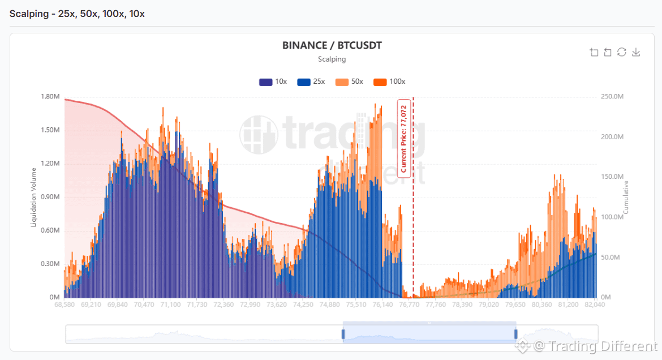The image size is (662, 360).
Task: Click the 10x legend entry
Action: (273, 82)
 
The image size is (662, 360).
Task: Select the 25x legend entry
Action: (311, 82)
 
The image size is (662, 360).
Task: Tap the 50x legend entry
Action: (349, 82)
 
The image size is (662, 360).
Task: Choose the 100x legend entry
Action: (389, 82)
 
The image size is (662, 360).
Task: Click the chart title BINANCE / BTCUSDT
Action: (332, 46)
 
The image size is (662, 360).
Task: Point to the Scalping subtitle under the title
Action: (332, 59)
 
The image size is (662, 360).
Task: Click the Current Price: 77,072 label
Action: (404, 139)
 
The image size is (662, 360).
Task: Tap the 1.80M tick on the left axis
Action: (50, 96)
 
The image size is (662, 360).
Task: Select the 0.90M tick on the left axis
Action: (50, 197)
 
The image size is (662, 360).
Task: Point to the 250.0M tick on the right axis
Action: (612, 96)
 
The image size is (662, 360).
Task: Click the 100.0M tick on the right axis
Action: (612, 217)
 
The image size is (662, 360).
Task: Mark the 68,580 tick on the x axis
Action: (64, 304)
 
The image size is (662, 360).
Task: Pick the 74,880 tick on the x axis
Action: (329, 304)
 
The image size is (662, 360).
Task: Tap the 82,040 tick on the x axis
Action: (595, 304)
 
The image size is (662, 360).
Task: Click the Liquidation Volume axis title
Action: (33, 198)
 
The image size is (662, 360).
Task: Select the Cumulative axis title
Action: (626, 198)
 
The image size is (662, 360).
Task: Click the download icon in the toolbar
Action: (636, 52)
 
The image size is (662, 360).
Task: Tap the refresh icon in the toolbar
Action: (621, 52)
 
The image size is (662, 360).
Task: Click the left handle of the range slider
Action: (343, 334)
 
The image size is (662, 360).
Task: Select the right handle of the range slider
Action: (516, 334)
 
